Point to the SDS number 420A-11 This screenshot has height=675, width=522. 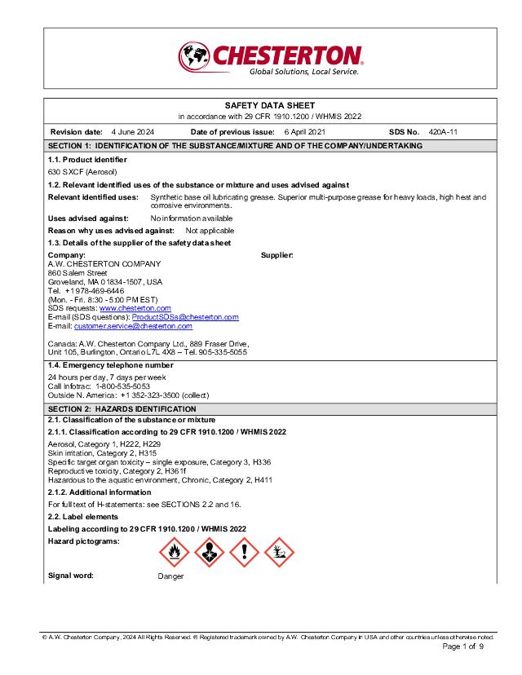tap(443, 131)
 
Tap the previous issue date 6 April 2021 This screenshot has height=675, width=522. tap(305, 131)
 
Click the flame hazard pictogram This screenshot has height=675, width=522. tap(174, 554)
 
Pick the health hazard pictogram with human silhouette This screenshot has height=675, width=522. tap(209, 554)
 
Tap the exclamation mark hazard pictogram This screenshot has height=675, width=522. tap(244, 554)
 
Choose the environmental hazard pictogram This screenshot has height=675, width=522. tap(279, 554)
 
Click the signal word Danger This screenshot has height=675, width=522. tap(170, 576)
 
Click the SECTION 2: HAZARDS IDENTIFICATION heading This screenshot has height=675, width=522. tap(122, 409)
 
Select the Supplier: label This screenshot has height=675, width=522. tap(277, 255)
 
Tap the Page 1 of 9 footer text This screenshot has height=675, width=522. tap(463, 646)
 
